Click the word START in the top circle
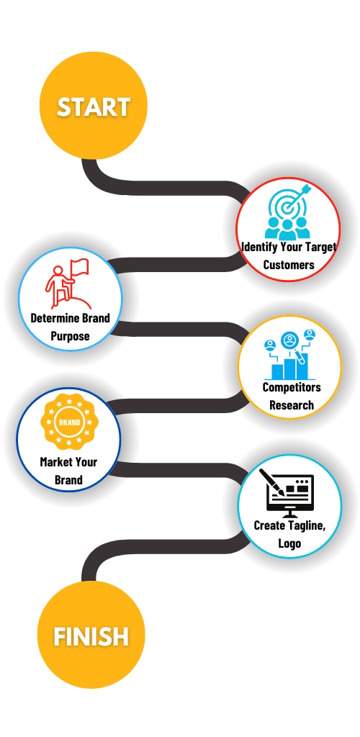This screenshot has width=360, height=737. point(94,107)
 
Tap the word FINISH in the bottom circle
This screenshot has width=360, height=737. point(91,637)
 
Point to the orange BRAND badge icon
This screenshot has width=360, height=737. point(70,422)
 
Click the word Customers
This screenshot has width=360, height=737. point(289,265)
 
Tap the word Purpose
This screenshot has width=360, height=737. point(70,337)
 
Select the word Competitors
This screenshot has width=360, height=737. point(292,387)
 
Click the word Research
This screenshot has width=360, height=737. point(292,404)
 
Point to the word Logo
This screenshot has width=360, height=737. point(289,543)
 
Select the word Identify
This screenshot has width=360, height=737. point(258,247)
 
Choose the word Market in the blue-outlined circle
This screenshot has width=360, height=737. point(55,462)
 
